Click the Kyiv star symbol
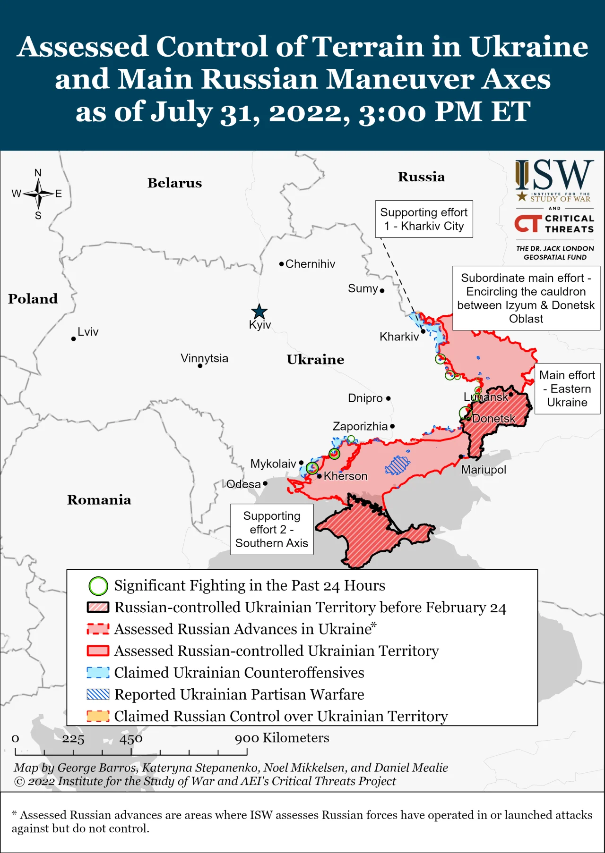click(259, 312)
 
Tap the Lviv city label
click(88, 332)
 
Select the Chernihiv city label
click(310, 264)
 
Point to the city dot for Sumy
click(382, 291)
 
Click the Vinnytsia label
click(204, 358)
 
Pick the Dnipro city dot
click(389, 398)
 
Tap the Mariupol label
click(483, 470)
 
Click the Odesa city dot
click(265, 483)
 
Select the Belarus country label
click(174, 183)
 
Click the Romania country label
click(99, 500)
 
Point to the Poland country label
click(33, 299)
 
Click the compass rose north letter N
click(38, 173)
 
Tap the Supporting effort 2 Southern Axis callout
click(272, 529)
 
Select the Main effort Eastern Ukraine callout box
click(567, 388)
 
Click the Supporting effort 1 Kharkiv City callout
click(423, 219)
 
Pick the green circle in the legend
click(98, 586)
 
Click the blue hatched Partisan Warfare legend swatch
click(98, 694)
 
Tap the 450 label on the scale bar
click(131, 739)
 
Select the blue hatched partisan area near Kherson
click(397, 465)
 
